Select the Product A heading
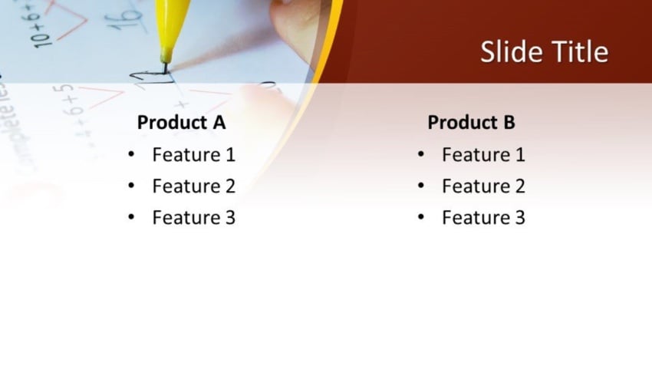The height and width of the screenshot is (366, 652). (181, 122)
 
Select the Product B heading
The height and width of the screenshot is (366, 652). (471, 122)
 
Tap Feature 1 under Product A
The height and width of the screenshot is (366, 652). (194, 155)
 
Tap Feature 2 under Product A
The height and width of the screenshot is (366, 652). (194, 186)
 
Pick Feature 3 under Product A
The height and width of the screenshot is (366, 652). (194, 217)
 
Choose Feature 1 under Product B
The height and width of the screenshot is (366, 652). (483, 155)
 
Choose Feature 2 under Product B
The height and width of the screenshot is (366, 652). (483, 186)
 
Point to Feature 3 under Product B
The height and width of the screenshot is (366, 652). (483, 217)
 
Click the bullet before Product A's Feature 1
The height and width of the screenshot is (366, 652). (131, 154)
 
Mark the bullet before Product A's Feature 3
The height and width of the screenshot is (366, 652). (131, 217)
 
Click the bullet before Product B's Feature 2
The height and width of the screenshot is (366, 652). (421, 186)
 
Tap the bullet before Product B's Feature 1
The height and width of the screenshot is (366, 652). (421, 154)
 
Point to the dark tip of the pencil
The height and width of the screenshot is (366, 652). (166, 68)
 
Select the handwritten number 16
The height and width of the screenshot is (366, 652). (124, 18)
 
